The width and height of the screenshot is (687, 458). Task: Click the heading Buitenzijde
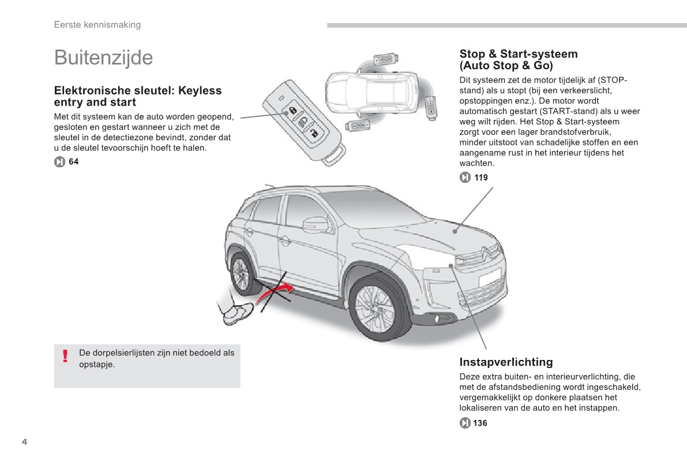(x=103, y=58)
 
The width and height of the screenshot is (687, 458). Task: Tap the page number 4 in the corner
(x=24, y=442)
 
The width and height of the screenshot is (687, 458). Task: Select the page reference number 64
(x=73, y=162)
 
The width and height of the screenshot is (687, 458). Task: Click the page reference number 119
(x=481, y=178)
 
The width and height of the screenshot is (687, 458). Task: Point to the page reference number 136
(x=480, y=423)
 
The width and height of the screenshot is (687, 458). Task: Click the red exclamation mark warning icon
(x=66, y=356)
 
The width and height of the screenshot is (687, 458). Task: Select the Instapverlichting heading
(x=506, y=362)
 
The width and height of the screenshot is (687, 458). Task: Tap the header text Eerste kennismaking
(x=97, y=25)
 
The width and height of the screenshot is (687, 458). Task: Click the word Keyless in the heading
(x=200, y=91)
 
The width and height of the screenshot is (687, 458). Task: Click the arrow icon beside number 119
(x=465, y=178)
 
